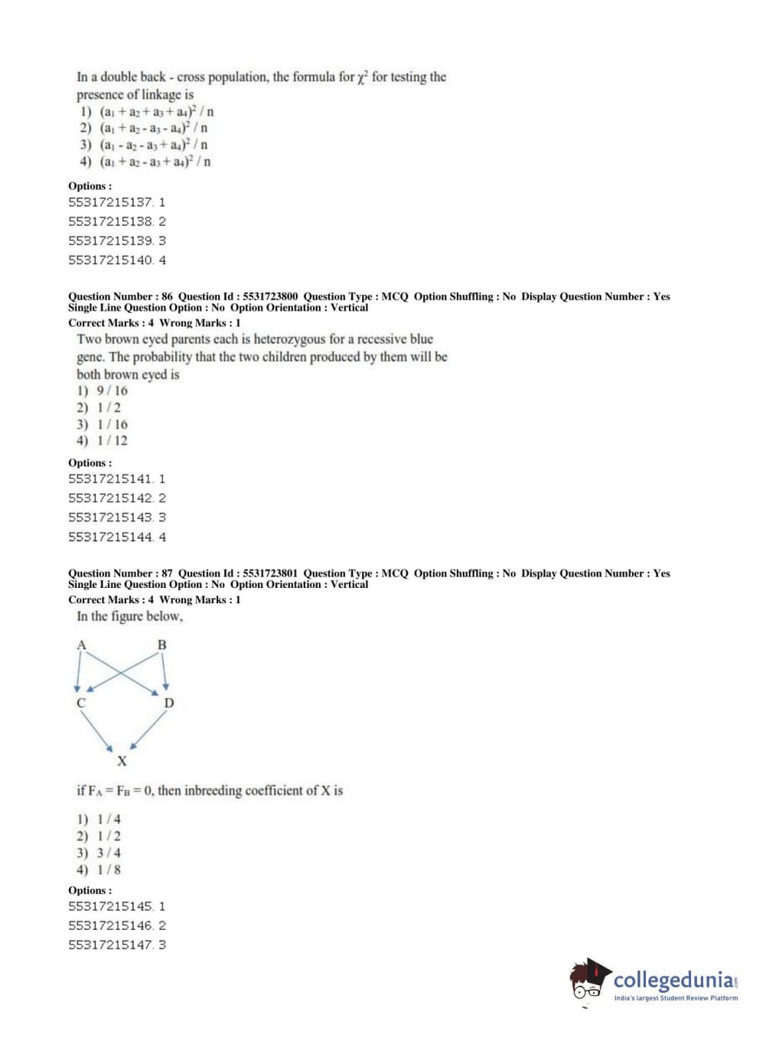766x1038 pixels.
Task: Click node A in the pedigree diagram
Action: (81, 645)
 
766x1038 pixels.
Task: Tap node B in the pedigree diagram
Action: (161, 645)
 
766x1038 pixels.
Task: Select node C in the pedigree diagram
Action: (80, 703)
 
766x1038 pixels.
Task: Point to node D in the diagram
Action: (169, 703)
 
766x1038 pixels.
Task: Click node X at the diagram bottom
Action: (122, 761)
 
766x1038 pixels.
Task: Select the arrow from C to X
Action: (97, 732)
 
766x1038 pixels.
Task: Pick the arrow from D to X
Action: (148, 730)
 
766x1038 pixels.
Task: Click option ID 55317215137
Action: (116, 202)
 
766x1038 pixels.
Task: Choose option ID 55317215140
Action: (116, 260)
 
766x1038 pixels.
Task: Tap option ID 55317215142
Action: (116, 498)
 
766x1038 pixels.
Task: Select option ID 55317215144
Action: (116, 537)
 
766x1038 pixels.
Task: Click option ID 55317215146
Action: (116, 925)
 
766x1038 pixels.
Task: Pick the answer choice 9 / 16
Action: (112, 390)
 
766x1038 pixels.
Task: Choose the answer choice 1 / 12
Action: (112, 441)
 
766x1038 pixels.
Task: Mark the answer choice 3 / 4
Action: (109, 853)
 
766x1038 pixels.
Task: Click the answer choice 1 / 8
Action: (109, 870)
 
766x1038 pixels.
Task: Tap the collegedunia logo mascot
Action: (588, 980)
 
